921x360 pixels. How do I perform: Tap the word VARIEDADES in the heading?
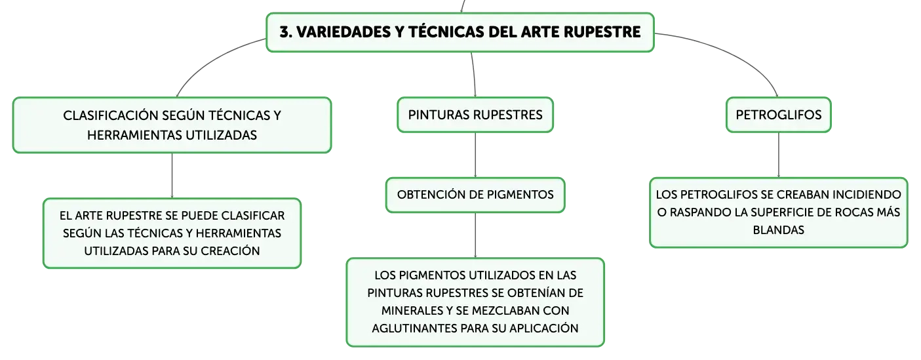(343, 32)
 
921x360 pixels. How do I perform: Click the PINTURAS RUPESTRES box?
(475, 115)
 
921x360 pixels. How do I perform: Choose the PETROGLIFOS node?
(779, 115)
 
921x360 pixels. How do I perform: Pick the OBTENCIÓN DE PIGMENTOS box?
(475, 195)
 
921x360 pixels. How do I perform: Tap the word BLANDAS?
(779, 230)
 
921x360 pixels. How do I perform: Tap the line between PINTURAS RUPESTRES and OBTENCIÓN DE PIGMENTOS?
(475, 155)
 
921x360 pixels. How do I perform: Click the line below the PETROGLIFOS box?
(779, 155)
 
